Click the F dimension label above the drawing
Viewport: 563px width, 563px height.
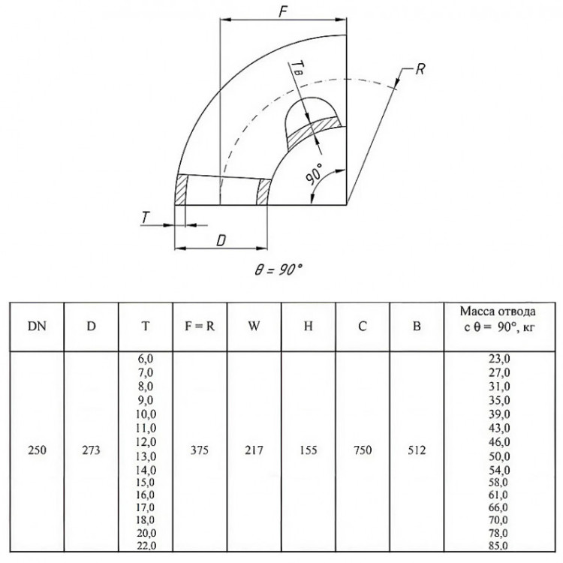click(x=283, y=11)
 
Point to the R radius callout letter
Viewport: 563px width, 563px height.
click(x=420, y=69)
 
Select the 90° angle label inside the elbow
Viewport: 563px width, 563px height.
click(x=314, y=173)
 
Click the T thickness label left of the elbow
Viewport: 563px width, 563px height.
click(x=145, y=217)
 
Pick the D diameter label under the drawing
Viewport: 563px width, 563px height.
click(x=221, y=240)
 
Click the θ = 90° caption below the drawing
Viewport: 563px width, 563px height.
click(x=278, y=269)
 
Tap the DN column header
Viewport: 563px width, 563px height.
click(x=37, y=326)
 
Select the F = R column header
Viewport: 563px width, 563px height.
click(x=200, y=326)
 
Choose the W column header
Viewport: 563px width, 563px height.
click(x=254, y=326)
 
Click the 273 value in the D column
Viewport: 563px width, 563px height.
click(x=91, y=450)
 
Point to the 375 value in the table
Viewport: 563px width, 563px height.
click(x=200, y=450)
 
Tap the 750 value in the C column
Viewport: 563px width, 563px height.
click(x=363, y=450)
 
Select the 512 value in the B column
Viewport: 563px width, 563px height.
click(x=417, y=450)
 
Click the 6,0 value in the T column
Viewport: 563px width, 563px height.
click(x=146, y=359)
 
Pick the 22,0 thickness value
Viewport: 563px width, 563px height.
click(x=146, y=546)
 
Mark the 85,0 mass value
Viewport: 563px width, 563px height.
click(x=499, y=546)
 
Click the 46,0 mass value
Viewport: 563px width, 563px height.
click(x=499, y=441)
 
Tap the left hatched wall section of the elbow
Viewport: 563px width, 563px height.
click(x=182, y=190)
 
